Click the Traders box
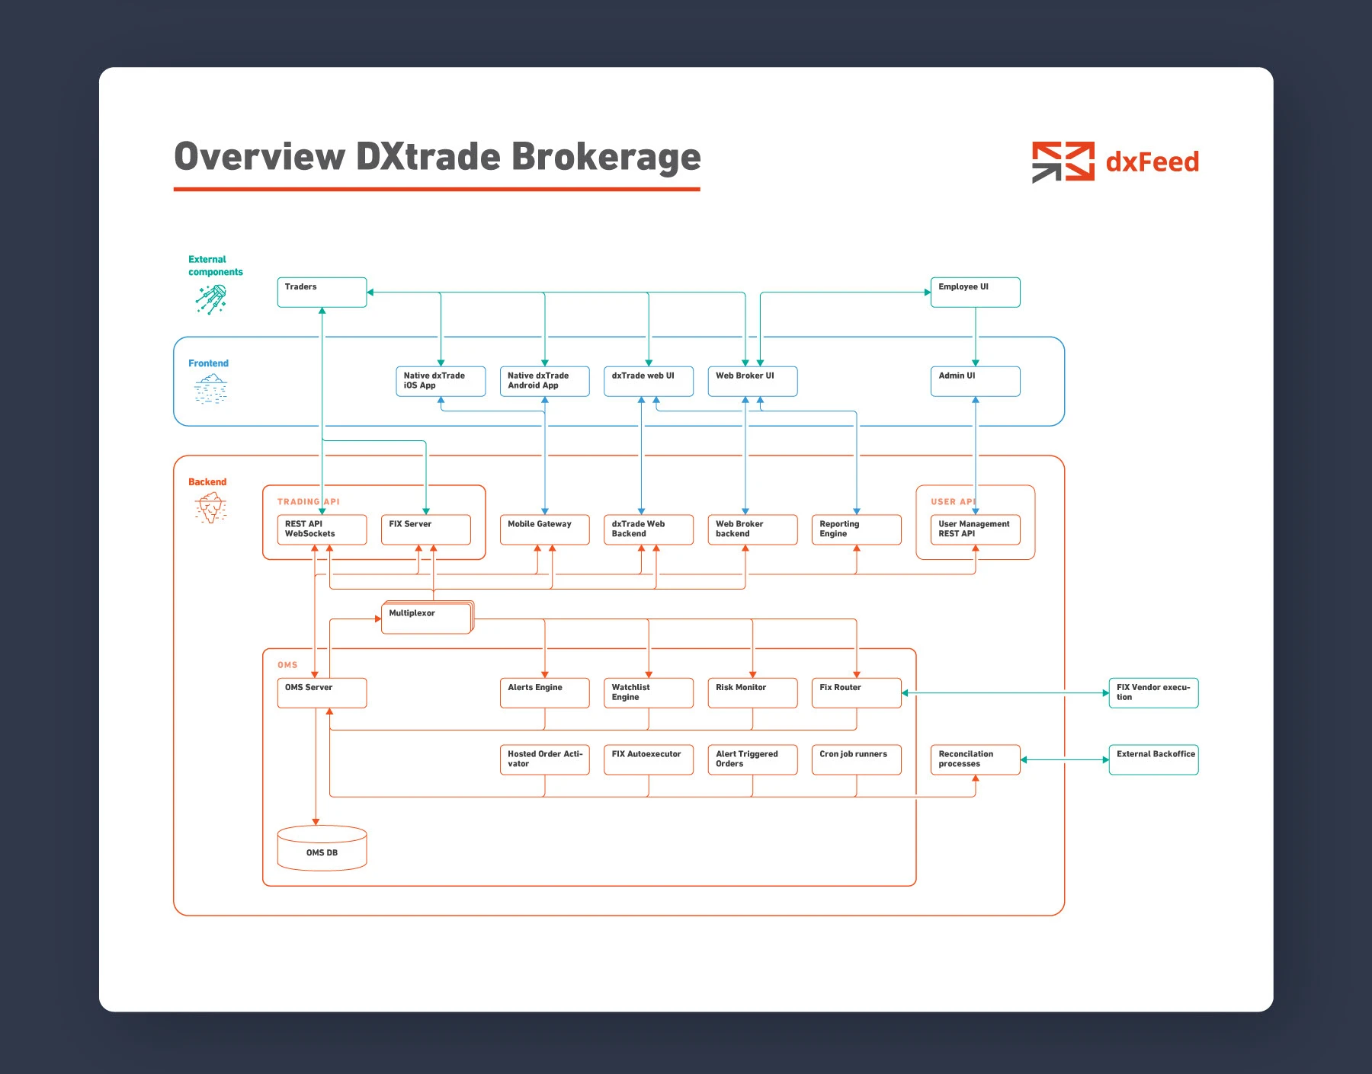point(322,292)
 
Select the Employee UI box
point(975,292)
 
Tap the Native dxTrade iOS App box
point(441,382)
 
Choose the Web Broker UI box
point(752,382)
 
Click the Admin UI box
point(975,382)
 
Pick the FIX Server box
point(425,530)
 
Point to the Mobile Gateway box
point(544,530)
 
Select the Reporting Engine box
point(856,530)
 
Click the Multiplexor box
point(427,618)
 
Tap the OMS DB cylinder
point(322,848)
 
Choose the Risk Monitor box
point(752,693)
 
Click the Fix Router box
point(856,693)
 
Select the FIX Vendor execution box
point(1153,693)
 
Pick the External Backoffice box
point(1153,759)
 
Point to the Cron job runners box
point(856,759)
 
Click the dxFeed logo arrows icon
point(1063,161)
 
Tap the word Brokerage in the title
point(606,158)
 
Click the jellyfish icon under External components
point(211,299)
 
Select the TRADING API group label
point(309,502)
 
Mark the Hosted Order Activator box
point(544,759)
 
